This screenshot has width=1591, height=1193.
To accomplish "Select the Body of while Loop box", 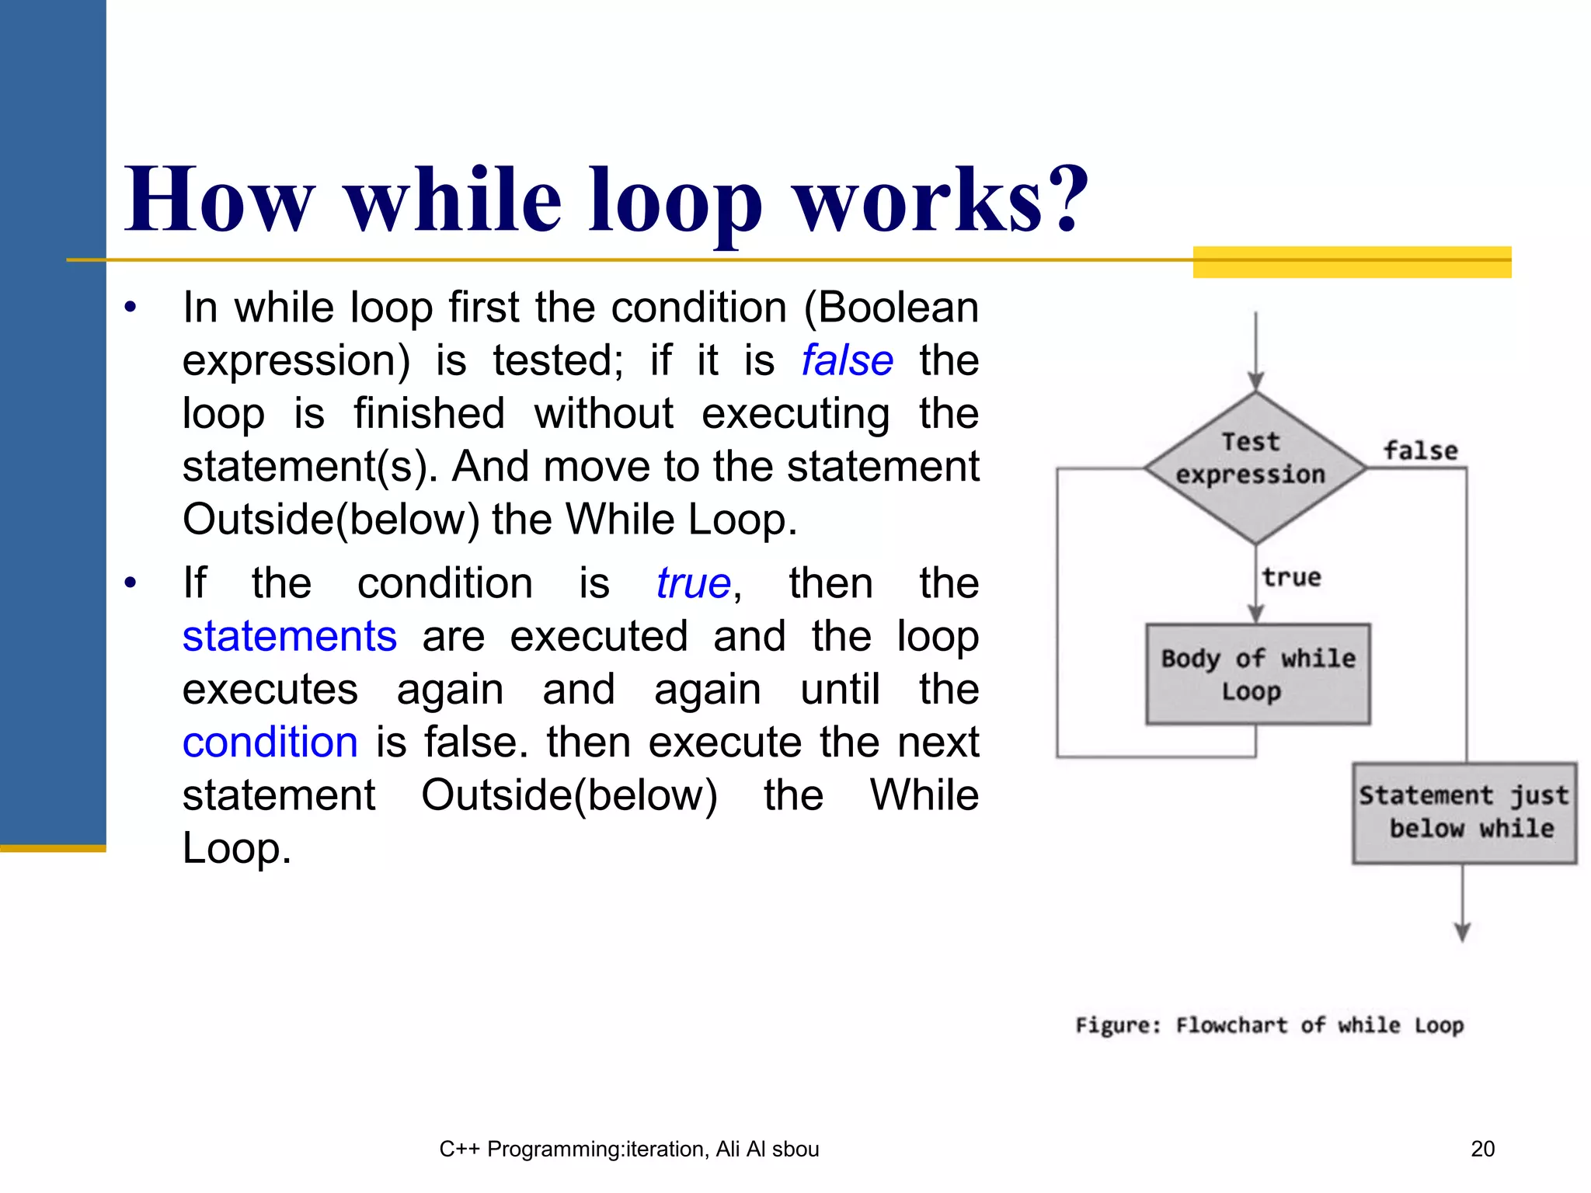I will tap(1258, 673).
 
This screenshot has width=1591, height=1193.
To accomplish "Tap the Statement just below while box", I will tap(1464, 812).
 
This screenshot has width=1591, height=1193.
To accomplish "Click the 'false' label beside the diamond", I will tap(1420, 450).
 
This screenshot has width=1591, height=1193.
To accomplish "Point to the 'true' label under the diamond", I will tap(1290, 577).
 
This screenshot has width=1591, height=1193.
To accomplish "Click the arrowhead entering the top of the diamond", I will tap(1255, 381).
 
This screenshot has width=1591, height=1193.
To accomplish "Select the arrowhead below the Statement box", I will tap(1462, 932).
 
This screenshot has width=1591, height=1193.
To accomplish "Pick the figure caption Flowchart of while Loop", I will tap(1269, 1025).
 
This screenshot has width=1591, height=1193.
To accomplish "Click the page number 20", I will tap(1482, 1149).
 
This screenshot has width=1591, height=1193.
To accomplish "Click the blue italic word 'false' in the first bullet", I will tap(847, 360).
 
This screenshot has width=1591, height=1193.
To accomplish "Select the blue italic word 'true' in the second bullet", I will tap(693, 583).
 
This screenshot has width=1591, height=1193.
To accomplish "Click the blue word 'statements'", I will tap(289, 636).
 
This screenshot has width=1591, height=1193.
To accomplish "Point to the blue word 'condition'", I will tap(270, 742).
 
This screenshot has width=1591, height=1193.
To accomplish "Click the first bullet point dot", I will tap(130, 307).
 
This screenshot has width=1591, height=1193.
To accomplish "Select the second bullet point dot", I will tap(130, 583).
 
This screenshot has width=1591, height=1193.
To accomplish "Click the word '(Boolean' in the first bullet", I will tap(890, 308).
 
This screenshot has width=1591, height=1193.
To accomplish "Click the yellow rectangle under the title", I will tap(1351, 262).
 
